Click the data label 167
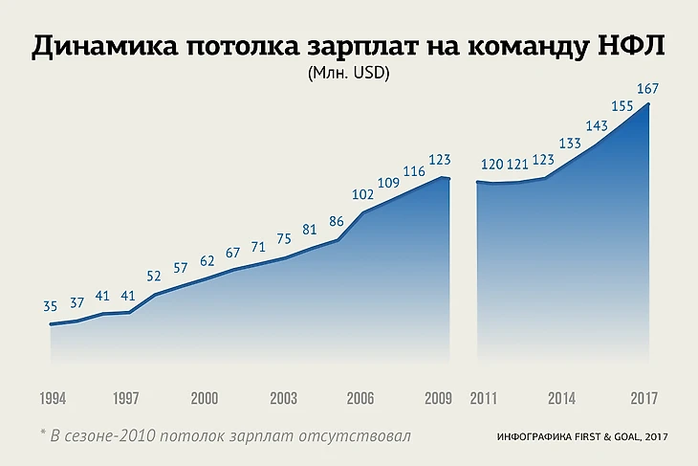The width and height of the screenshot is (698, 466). point(648,89)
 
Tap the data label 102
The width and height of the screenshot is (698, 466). point(362,194)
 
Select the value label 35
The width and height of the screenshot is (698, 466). point(51,306)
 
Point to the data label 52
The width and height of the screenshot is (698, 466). point(155,276)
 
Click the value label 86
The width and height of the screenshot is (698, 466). point(337,221)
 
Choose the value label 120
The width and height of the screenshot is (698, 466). point(491,164)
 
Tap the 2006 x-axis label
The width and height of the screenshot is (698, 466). point(361,398)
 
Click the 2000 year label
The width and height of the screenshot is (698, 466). point(206,398)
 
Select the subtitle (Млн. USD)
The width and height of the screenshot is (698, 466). point(349,73)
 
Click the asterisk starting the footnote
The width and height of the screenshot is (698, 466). point(43,433)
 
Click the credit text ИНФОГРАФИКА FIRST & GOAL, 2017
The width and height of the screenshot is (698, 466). point(581,437)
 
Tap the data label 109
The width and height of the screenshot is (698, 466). point(388,183)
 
